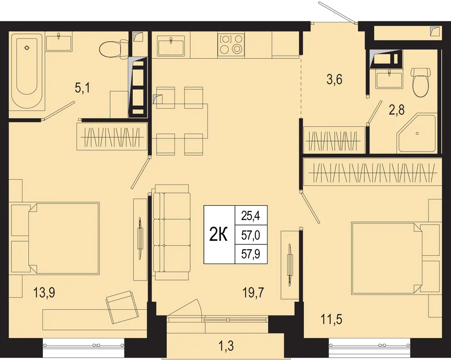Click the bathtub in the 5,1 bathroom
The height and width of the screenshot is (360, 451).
(x=27, y=71)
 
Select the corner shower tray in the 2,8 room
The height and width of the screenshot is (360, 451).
(x=417, y=133)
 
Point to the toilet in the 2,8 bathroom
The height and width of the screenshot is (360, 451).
(x=421, y=82)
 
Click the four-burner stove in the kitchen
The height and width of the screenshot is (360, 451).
(x=231, y=44)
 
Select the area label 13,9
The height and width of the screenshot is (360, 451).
(x=44, y=293)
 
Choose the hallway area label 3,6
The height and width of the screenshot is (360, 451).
(x=334, y=79)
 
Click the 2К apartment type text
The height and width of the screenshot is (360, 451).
(x=218, y=235)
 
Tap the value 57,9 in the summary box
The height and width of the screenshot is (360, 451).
(x=251, y=254)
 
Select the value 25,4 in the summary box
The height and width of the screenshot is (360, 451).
(x=251, y=216)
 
